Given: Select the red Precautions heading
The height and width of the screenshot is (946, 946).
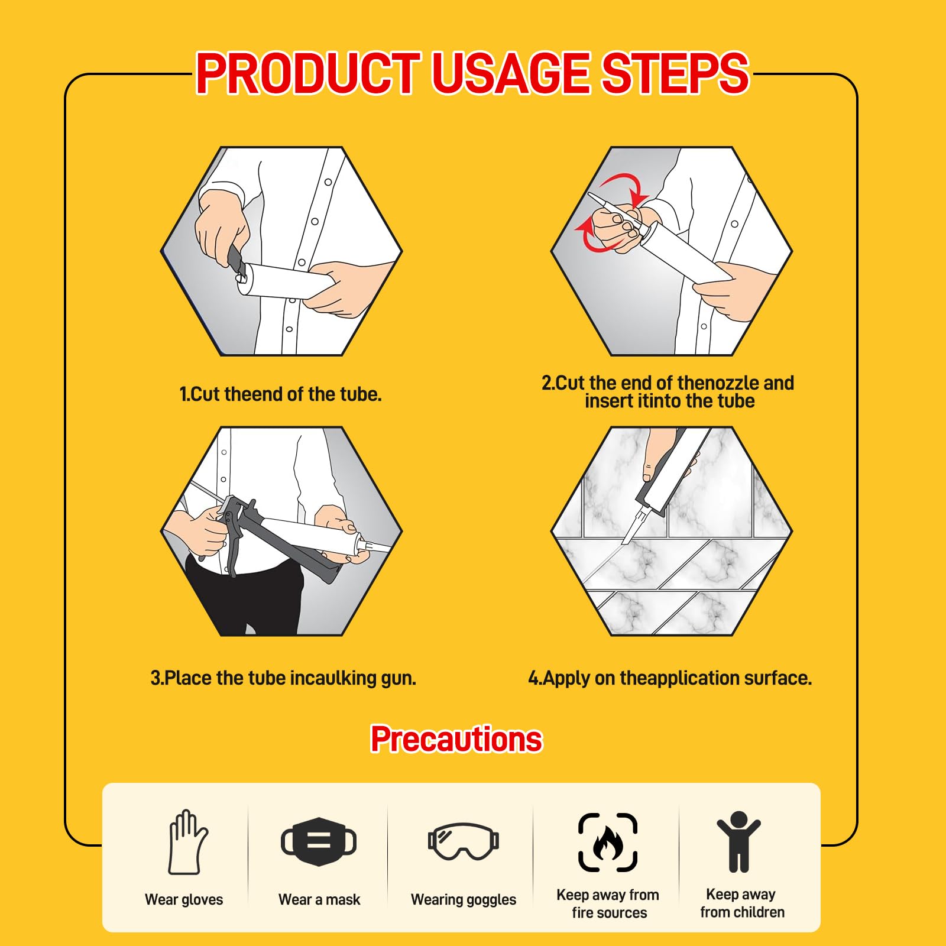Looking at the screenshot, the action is pyautogui.click(x=456, y=739).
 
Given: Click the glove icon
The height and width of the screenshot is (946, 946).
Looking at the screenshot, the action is pyautogui.click(x=188, y=842).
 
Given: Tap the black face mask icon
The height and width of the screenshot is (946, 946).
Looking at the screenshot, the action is pyautogui.click(x=319, y=841).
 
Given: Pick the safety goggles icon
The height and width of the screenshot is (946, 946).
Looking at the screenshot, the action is pyautogui.click(x=464, y=841).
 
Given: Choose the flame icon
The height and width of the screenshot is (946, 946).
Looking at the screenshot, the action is pyautogui.click(x=608, y=843).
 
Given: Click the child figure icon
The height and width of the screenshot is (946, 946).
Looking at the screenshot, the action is pyautogui.click(x=738, y=842).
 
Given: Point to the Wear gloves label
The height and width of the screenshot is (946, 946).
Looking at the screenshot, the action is pyautogui.click(x=184, y=899).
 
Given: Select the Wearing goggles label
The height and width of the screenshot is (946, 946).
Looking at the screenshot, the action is pyautogui.click(x=464, y=900).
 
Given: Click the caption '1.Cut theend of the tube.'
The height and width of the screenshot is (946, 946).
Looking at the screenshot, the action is pyautogui.click(x=280, y=394).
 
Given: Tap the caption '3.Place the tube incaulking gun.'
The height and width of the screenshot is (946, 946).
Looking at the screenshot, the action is pyautogui.click(x=283, y=678).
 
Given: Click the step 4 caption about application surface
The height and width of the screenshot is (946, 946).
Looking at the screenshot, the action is pyautogui.click(x=670, y=678).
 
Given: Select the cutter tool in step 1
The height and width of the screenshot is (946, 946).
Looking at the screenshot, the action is pyautogui.click(x=237, y=263).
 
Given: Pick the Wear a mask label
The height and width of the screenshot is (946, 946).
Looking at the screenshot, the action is pyautogui.click(x=319, y=899).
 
